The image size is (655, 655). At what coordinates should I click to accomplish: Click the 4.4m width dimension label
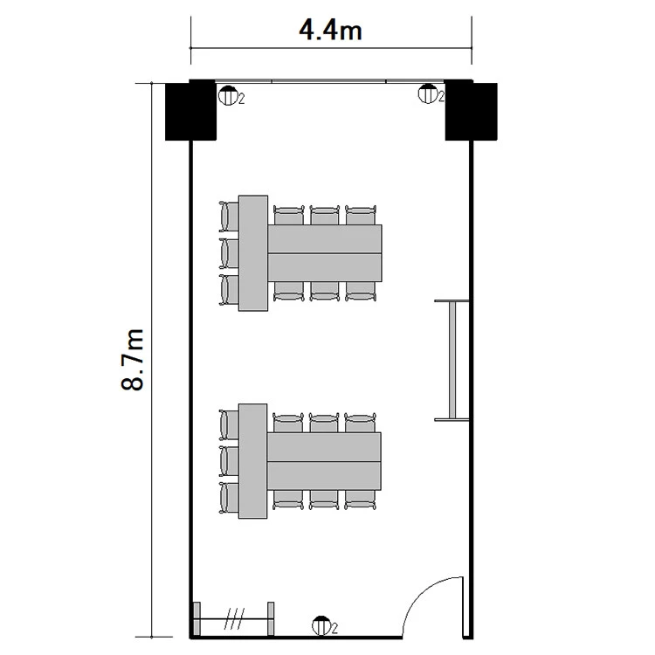coord(330,31)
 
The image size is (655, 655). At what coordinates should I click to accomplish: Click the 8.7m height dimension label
coord(132,360)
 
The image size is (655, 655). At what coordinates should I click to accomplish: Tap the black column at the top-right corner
coord(471,110)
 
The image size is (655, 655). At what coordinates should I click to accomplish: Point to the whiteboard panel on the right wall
coord(452,360)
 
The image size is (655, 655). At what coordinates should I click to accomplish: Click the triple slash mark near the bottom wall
coord(234,618)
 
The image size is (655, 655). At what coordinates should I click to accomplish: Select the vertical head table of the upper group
coord(253,253)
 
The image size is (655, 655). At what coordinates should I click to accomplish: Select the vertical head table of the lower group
coord(252,461)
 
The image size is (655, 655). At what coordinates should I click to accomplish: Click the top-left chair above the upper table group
coord(289,215)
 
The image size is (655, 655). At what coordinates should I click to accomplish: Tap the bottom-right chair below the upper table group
coord(361,291)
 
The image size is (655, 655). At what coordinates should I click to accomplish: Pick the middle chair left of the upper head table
coord(229,253)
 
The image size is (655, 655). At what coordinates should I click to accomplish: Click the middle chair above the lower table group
coord(324,423)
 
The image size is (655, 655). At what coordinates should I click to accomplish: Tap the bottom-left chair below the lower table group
coord(288,500)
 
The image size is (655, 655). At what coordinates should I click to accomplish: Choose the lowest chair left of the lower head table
coord(229,498)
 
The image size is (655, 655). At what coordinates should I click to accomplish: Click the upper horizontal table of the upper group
coord(325,239)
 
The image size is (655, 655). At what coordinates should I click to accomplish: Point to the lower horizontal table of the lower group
coord(324,476)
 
